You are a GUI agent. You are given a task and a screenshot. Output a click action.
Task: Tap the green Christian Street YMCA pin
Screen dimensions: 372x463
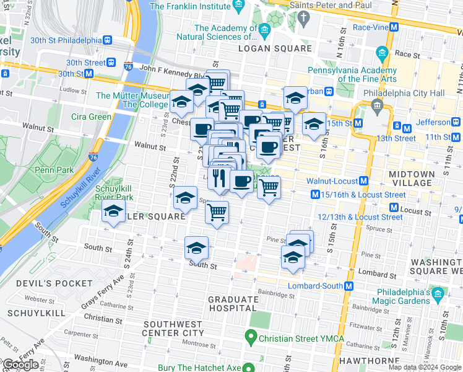251,339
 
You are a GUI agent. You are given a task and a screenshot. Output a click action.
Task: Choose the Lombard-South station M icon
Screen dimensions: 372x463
349,286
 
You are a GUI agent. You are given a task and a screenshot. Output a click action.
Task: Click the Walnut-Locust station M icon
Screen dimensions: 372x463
364,181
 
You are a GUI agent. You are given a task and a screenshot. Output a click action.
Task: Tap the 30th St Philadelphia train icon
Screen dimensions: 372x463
108,40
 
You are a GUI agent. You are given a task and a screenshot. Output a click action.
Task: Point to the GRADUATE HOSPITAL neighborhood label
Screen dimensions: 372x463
233,304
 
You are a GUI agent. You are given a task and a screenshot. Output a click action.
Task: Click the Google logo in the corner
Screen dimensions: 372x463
20,365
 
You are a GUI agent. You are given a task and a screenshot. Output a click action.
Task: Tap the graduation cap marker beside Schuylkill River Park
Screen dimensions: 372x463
113,212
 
